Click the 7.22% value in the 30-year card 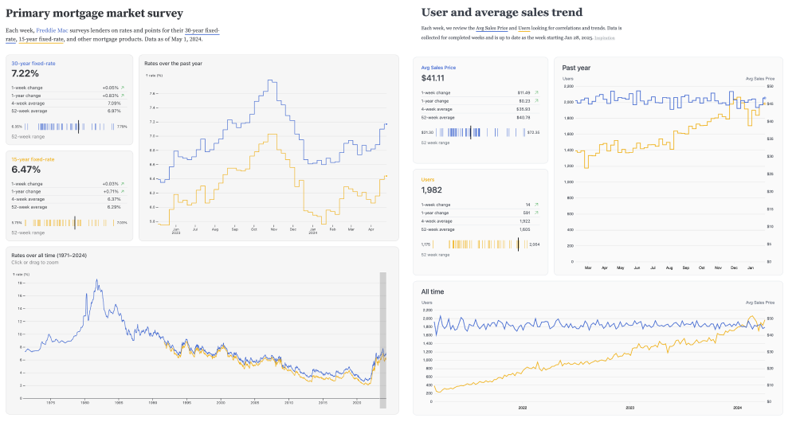pos(25,72)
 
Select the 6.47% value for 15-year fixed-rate pos(25,170)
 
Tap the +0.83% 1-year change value pos(110,96)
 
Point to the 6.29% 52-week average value pos(113,207)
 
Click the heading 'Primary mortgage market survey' pos(94,14)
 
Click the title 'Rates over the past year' pos(172,63)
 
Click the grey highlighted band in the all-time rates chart pos(382,341)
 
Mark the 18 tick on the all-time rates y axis pos(20,283)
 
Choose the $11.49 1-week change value pos(524,92)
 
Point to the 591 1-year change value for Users pos(526,213)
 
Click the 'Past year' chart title pos(576,68)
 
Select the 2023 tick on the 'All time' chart pos(629,407)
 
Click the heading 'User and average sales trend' pos(501,13)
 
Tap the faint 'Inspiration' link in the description pos(605,37)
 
